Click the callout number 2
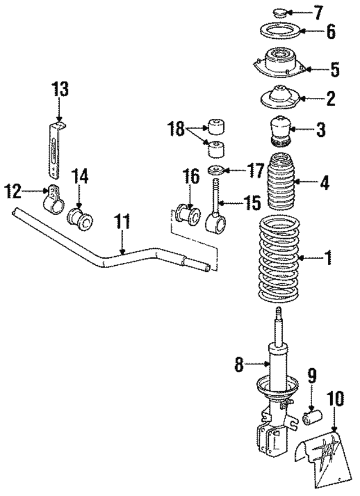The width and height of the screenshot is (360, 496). pyautogui.click(x=331, y=99)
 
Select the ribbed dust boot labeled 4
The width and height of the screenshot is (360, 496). pyautogui.click(x=280, y=183)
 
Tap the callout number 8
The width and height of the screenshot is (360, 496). pyautogui.click(x=238, y=365)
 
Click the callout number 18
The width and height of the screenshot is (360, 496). pyautogui.click(x=177, y=129)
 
